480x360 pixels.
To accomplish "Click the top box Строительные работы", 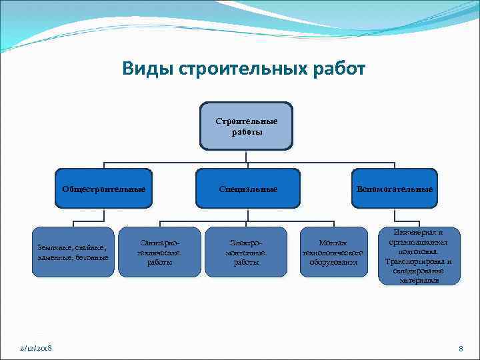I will pos(246,125).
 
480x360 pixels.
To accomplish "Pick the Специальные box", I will pos(247,189).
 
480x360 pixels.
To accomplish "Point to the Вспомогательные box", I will pos(394,189).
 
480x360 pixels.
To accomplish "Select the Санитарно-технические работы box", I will pos(159,252).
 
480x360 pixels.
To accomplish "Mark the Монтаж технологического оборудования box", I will pos(333,252).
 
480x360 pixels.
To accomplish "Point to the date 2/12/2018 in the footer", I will pos(37,349).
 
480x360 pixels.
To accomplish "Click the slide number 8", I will pos(460,349).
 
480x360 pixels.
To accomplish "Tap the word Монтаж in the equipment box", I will pos(333,243).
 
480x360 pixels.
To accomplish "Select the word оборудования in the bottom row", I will pos(333,262).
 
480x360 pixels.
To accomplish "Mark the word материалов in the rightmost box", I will pos(419,281).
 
